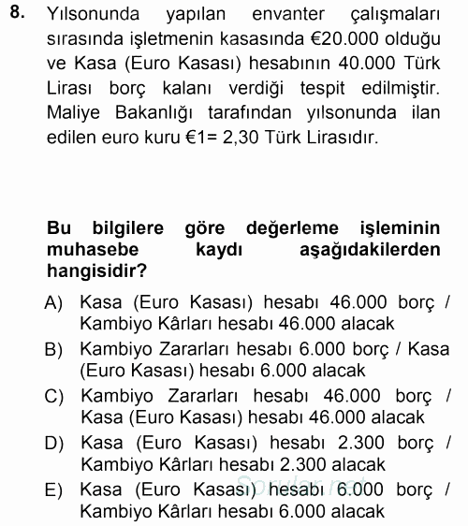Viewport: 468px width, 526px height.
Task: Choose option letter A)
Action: point(53,302)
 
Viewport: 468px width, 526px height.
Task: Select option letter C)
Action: point(53,395)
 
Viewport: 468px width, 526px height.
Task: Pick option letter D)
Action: point(53,441)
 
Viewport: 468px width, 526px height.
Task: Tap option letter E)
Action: point(53,489)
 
